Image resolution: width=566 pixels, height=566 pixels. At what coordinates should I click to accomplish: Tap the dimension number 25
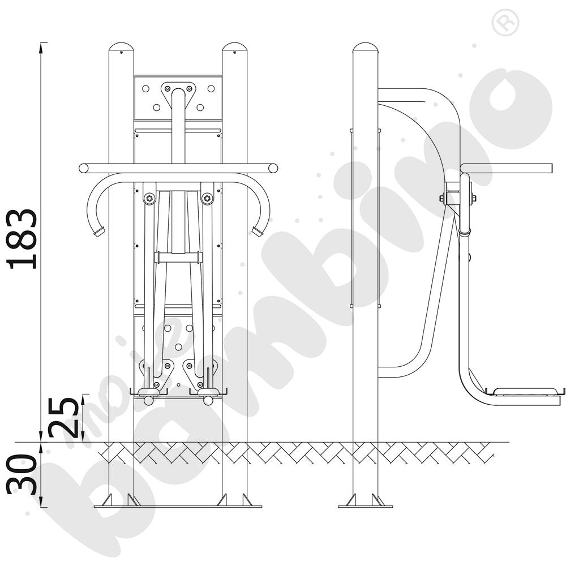(x=63, y=418)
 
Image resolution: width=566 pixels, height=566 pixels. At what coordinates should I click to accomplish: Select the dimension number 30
(x=22, y=474)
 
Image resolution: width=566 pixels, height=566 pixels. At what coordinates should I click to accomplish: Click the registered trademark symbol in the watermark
(x=505, y=23)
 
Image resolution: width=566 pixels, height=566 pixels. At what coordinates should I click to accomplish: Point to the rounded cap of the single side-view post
(x=365, y=48)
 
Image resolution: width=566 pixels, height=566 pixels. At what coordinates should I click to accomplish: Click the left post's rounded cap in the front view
(x=121, y=49)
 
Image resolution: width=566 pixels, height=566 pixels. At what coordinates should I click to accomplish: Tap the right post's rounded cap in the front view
(x=235, y=49)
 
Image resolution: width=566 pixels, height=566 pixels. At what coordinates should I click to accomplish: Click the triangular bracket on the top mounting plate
(x=178, y=94)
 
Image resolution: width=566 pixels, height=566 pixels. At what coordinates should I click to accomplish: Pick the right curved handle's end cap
(x=258, y=231)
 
